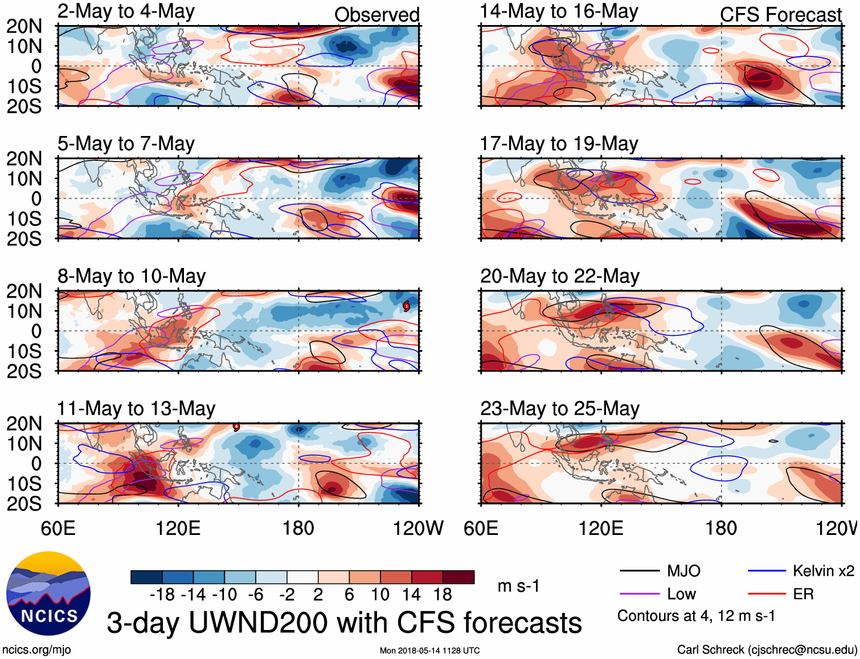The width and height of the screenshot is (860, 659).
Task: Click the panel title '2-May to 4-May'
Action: point(126,12)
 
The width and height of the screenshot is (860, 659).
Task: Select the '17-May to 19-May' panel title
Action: point(559,144)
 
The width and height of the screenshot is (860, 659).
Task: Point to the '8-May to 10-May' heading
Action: point(132,277)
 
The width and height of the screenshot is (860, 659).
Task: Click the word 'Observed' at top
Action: point(376,15)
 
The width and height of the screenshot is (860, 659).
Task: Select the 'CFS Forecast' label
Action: point(780,15)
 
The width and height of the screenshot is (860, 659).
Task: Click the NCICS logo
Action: point(48,594)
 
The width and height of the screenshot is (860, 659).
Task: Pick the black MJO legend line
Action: point(639,571)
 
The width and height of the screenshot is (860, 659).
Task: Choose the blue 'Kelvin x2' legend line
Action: point(767,571)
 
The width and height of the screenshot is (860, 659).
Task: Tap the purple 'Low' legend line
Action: point(639,594)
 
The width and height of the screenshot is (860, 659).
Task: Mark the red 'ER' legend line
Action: point(767,594)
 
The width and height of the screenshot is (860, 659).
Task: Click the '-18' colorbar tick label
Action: point(162,595)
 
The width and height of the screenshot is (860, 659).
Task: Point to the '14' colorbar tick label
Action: point(411,595)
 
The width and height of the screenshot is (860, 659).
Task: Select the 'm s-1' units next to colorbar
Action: point(518,586)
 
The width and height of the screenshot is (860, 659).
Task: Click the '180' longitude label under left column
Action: point(298,528)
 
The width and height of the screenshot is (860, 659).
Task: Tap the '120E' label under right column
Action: point(601,528)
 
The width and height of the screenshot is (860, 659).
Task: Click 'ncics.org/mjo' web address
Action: point(36,650)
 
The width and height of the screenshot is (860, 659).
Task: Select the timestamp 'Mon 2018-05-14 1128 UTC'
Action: point(429,650)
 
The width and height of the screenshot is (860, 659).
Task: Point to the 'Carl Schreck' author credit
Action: point(767,650)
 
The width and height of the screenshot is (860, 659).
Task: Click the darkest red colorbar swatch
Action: point(458,577)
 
